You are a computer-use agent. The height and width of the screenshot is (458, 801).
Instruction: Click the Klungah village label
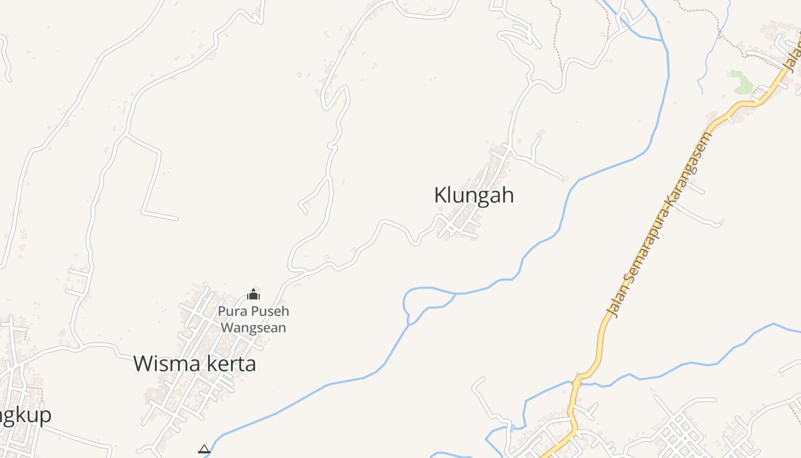coord(474,195)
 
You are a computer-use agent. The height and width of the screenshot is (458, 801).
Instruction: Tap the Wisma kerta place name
coord(195,364)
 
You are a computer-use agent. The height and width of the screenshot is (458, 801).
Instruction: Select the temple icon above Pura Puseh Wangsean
coord(253,295)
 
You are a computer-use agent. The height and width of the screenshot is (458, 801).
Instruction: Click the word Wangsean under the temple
coord(253,328)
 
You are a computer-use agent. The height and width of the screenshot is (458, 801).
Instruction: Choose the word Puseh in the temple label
coord(269,311)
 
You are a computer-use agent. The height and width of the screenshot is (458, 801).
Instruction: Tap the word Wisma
coord(162,364)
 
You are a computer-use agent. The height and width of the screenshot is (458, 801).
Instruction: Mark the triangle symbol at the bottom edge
coord(204,449)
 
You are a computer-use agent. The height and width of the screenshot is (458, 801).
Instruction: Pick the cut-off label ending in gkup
coord(26,415)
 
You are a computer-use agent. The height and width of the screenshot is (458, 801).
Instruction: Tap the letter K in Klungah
coord(440,195)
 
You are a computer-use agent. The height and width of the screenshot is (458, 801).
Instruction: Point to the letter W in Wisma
coord(144,364)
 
